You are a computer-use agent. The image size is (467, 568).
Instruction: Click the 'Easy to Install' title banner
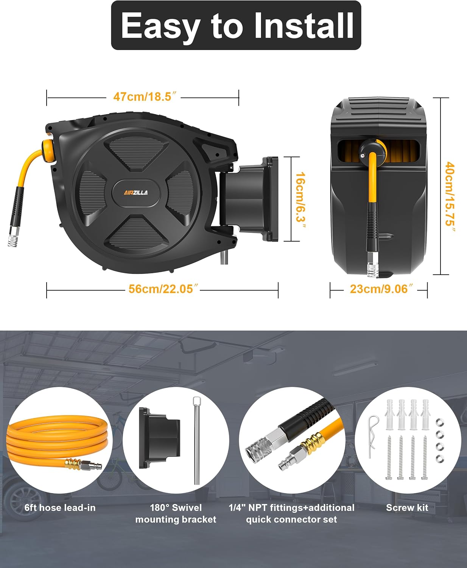pos(236,25)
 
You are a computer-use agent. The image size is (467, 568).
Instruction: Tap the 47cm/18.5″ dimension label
pos(145,97)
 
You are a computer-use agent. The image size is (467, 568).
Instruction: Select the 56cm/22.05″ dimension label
pos(163,289)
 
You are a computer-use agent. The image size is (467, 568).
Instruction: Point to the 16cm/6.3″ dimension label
pos(300,199)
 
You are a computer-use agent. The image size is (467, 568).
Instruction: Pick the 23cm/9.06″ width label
pos(378,289)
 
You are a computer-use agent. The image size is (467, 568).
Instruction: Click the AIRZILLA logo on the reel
pos(136,193)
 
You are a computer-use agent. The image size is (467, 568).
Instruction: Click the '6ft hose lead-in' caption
pos(60,508)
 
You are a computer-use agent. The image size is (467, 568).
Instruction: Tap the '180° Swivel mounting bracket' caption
pos(176,513)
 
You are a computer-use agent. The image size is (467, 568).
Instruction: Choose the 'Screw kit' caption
pos(407,508)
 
